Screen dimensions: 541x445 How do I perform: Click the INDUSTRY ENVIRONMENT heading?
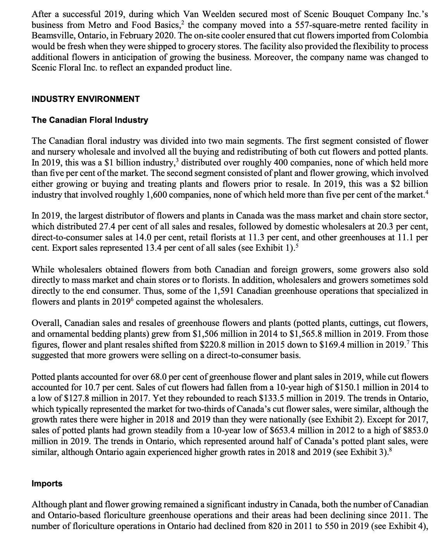click(x=85, y=99)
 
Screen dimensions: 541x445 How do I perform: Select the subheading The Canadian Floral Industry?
click(x=90, y=120)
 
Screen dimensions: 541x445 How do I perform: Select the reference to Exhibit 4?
click(x=408, y=526)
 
